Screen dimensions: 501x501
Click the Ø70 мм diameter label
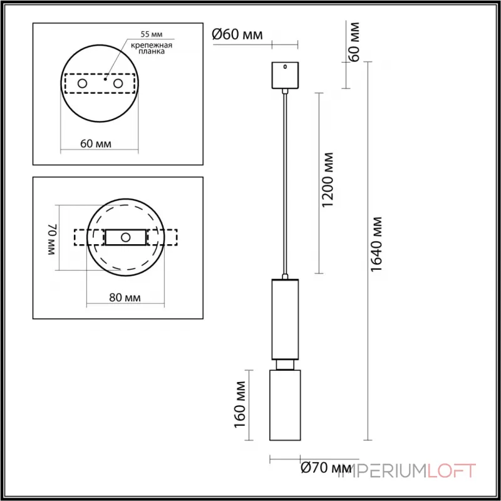pos(326,467)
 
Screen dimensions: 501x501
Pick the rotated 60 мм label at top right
pos(354,42)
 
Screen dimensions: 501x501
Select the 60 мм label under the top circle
pos(96,143)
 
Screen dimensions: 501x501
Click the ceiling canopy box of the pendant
pos(285,75)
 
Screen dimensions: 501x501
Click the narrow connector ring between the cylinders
pos(285,364)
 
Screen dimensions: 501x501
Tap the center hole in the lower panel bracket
pos(126,237)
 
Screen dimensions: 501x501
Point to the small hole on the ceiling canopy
pos(285,66)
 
